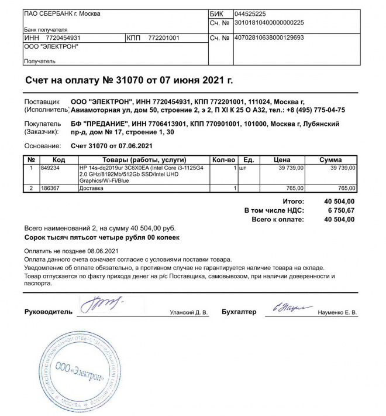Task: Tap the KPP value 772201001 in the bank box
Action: coord(164,37)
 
